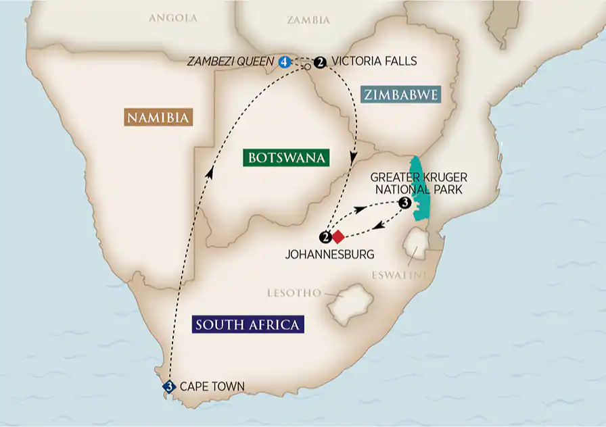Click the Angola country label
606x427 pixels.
[x=173, y=18]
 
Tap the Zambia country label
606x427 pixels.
[x=308, y=20]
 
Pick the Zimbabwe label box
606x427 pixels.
[x=400, y=95]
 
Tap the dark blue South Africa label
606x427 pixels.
[x=247, y=324]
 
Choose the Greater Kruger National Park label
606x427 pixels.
[x=418, y=184]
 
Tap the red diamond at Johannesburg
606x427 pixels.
[x=337, y=236]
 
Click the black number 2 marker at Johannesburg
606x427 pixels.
[x=325, y=237]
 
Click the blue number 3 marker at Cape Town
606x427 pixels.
[x=169, y=386]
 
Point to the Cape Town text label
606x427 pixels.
[x=212, y=386]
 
